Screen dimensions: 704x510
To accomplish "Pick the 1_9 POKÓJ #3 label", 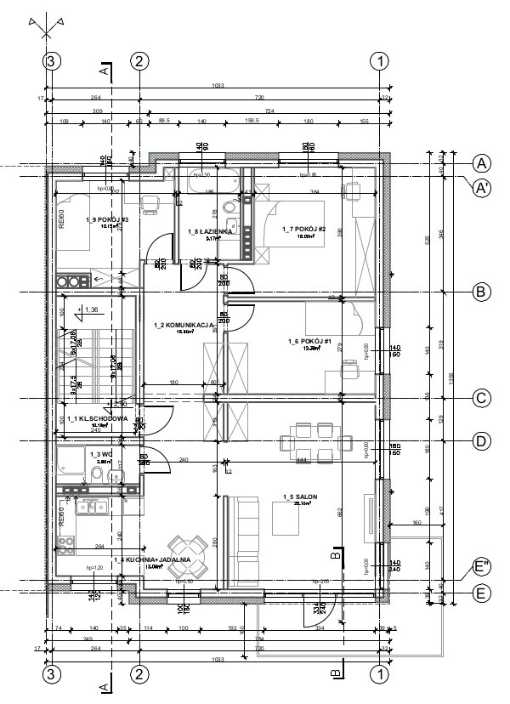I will (106, 220).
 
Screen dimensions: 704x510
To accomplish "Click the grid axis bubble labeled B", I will (481, 292).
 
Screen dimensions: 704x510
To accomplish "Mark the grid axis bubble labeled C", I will (481, 398).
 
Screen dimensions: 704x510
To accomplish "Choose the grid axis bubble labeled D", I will (481, 440).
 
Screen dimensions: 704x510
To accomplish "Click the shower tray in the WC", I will (71, 463).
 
